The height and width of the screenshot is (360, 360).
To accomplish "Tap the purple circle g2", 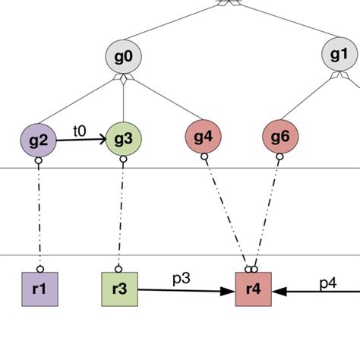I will (x=39, y=140).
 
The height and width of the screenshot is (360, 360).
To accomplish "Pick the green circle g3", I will (x=124, y=139).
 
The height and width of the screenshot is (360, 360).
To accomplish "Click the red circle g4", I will (x=204, y=137).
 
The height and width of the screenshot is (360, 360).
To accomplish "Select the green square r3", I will (x=120, y=289).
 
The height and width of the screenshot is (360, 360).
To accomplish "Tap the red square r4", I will (x=254, y=289).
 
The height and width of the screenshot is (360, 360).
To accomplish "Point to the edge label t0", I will (x=80, y=130).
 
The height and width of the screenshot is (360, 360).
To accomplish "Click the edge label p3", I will (x=180, y=279).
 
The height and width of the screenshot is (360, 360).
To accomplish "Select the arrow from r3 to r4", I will (x=186, y=290).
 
